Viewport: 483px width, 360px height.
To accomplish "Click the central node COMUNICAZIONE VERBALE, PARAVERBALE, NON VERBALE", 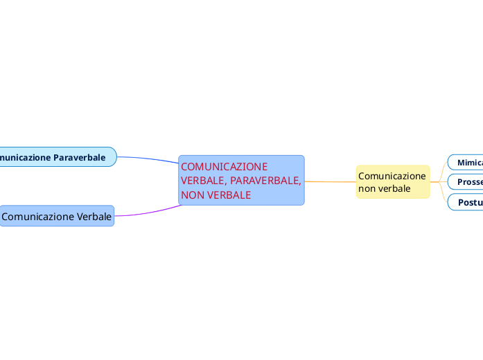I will [x=241, y=180].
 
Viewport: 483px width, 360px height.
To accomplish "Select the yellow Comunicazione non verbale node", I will [x=392, y=182].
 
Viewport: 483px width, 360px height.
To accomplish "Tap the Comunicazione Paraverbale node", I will [x=55, y=157].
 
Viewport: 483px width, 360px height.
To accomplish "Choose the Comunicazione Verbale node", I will [x=57, y=217].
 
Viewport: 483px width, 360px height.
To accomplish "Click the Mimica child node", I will [x=467, y=162].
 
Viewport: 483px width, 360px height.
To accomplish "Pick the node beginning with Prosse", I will [x=467, y=182].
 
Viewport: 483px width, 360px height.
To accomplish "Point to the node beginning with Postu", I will [x=467, y=202].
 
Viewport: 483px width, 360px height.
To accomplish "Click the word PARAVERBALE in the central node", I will [x=265, y=181].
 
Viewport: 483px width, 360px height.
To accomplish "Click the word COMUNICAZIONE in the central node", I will [x=224, y=167].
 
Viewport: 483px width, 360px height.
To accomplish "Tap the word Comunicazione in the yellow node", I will [x=392, y=176].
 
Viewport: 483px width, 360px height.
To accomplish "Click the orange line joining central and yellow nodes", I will [x=330, y=182].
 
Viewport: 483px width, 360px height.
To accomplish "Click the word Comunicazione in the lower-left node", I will [x=37, y=217].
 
